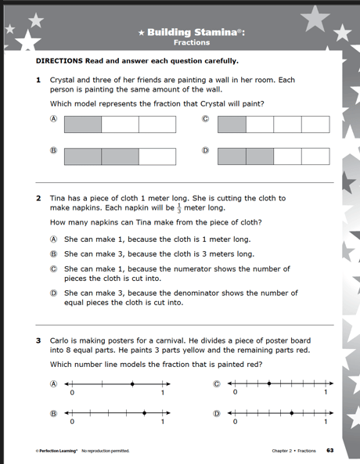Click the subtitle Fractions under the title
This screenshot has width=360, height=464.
(186, 43)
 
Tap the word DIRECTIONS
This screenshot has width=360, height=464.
(60, 61)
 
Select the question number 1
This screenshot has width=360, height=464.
(38, 80)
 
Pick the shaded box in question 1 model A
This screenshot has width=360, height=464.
(83, 124)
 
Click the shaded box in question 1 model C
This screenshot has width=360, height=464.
(232, 124)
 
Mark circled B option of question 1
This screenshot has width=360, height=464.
(54, 150)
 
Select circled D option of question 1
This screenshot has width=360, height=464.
(206, 150)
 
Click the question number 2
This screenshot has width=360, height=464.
(38, 199)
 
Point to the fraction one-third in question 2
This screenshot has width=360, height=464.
(176, 208)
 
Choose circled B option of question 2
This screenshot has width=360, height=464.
(54, 254)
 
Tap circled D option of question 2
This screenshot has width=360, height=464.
(54, 293)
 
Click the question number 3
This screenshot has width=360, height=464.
(38, 340)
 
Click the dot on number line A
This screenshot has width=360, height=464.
(132, 384)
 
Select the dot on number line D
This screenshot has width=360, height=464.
(291, 412)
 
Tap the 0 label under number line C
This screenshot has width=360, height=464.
(234, 393)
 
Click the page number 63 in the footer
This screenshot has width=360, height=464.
(330, 451)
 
